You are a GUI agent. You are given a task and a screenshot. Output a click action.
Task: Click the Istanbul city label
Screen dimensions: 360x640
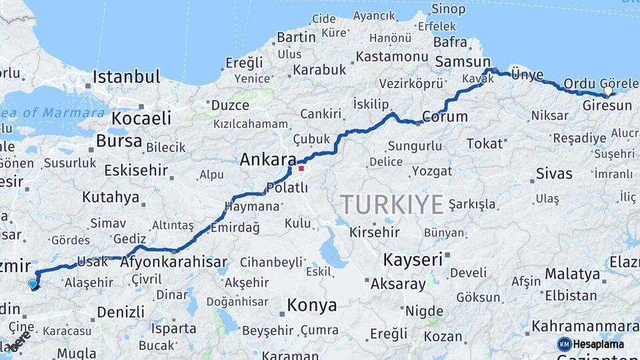click(126, 77)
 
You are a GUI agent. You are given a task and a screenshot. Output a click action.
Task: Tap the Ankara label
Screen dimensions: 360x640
click(267, 160)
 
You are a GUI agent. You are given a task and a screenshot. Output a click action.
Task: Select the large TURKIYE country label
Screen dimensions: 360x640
click(391, 204)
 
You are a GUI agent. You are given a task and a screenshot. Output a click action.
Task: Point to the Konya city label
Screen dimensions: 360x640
click(311, 305)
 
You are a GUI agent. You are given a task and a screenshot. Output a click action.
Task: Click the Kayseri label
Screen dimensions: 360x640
click(413, 259)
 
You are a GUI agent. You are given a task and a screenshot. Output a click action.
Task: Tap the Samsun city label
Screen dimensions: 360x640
click(462, 62)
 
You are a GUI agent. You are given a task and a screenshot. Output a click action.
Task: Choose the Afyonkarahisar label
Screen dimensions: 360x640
click(173, 262)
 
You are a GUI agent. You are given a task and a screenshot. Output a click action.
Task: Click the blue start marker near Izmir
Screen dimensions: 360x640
click(33, 284)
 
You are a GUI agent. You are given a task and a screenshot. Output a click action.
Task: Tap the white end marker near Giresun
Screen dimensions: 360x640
click(608, 91)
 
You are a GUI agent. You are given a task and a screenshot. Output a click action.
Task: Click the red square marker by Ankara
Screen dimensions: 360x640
click(301, 169)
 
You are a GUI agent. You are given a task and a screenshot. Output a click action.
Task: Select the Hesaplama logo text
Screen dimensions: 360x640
click(598, 344)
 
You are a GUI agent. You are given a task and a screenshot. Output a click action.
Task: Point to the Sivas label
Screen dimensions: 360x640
click(554, 174)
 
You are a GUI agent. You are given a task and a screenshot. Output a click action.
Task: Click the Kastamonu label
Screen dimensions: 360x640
click(391, 57)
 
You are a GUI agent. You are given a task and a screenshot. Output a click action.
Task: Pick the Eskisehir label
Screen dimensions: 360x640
click(136, 170)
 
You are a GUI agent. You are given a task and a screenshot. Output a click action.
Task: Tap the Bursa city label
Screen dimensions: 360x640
click(119, 141)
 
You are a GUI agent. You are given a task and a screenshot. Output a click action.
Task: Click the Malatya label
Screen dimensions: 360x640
click(572, 274)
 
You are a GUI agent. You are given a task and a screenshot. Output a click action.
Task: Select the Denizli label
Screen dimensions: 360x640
click(121, 312)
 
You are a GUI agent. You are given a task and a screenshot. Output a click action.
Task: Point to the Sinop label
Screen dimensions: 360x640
click(448, 9)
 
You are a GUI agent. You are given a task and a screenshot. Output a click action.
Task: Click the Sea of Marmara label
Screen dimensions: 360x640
click(53, 112)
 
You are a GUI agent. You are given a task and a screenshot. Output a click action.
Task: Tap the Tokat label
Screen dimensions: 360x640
click(485, 143)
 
